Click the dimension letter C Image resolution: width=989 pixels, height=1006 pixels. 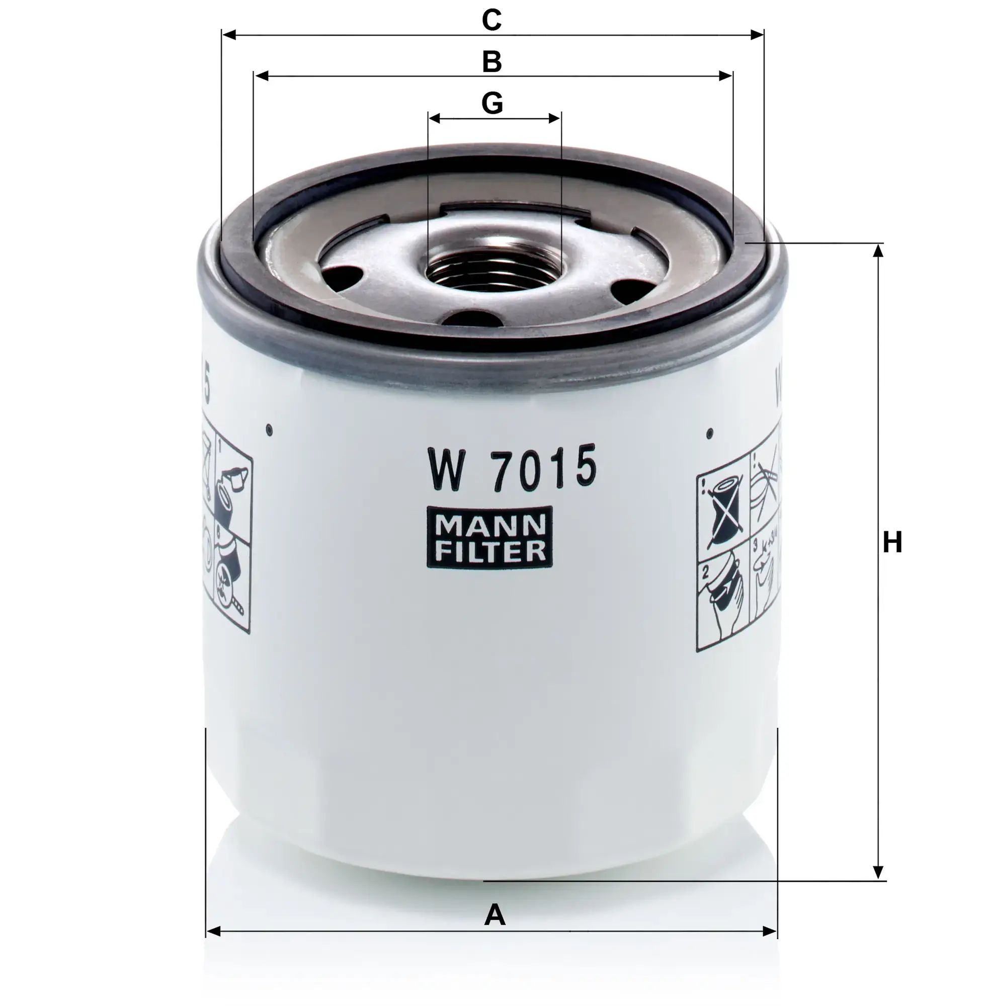(491, 20)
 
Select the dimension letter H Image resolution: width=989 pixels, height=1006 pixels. (892, 543)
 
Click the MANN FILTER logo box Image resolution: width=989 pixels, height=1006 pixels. (489, 538)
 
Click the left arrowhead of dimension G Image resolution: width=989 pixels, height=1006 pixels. (434, 118)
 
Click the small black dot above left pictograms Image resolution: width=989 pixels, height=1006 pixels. (269, 429)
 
